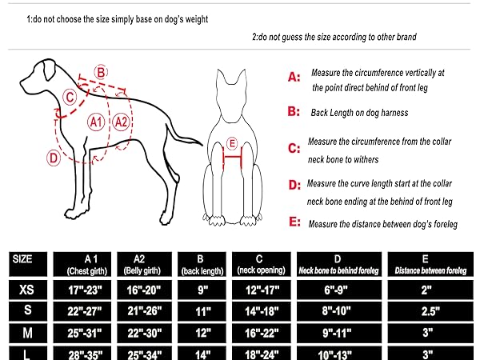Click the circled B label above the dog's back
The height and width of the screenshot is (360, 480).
tap(101, 73)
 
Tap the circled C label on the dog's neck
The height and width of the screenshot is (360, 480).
tap(70, 97)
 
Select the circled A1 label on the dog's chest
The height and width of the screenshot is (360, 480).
tap(96, 122)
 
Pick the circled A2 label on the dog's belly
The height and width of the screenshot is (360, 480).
tap(122, 122)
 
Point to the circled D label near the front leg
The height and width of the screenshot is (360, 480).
tap(54, 158)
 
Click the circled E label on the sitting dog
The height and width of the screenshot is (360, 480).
tap(232, 143)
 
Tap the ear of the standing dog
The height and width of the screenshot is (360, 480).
tap(49, 69)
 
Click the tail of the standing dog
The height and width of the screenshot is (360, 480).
tap(183, 134)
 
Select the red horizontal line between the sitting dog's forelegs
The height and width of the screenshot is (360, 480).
tap(233, 158)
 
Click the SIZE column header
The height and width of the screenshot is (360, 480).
tap(28, 264)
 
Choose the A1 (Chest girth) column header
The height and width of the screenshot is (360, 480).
tap(82, 265)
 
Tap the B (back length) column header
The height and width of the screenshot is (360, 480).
tap(202, 265)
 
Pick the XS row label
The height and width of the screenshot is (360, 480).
tap(28, 290)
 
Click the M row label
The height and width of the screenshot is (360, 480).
tap(28, 333)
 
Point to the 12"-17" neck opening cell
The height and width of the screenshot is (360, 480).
tap(262, 290)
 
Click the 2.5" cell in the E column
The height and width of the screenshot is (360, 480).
tap(430, 311)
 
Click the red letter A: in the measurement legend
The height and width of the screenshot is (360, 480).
tap(294, 77)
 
